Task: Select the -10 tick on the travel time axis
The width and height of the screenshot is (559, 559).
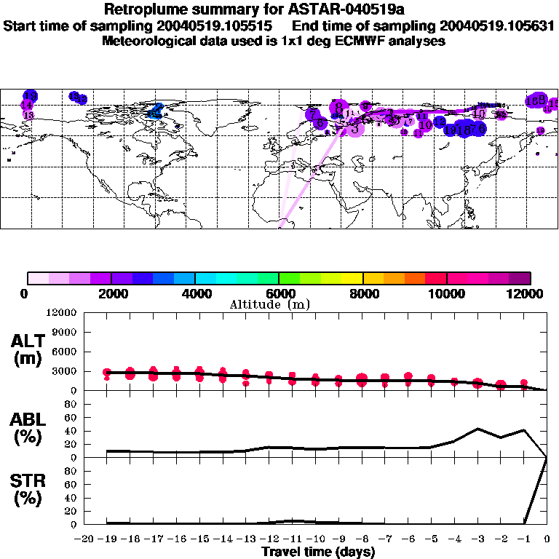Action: point(314,539)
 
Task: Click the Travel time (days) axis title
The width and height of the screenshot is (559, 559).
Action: point(318,552)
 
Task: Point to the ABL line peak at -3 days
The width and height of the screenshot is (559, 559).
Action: point(477,429)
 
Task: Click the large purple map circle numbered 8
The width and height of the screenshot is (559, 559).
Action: point(338,108)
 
